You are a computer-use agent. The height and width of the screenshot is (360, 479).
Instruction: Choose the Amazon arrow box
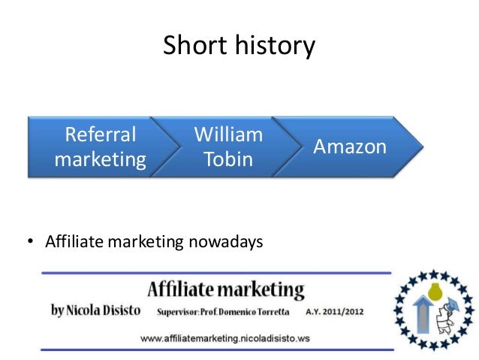click(x=345, y=147)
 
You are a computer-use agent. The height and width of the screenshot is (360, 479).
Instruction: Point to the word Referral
click(x=101, y=135)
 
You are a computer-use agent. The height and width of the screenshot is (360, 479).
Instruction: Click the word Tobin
click(x=228, y=159)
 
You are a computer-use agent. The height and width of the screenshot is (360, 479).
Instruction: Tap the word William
click(x=228, y=135)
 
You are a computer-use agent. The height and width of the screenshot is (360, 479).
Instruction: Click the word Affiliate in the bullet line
click(x=74, y=243)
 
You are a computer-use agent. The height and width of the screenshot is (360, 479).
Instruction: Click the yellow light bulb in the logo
click(x=433, y=289)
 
